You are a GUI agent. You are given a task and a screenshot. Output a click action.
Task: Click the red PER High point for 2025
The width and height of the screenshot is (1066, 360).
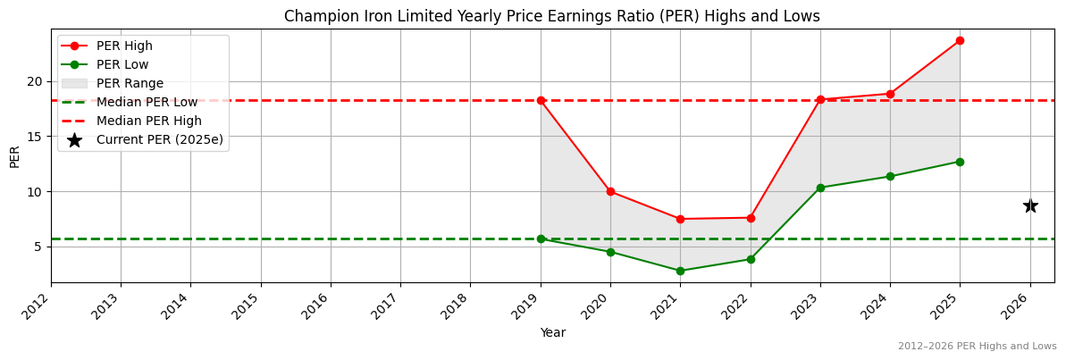click(960, 40)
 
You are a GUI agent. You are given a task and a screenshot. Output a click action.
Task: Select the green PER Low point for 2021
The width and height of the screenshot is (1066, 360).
click(680, 271)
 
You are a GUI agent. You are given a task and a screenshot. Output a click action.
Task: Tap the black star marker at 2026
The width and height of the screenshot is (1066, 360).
click(1029, 205)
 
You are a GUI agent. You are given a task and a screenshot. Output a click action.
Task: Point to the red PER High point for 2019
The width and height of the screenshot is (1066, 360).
click(541, 100)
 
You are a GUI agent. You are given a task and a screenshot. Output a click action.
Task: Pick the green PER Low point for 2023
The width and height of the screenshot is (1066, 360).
click(820, 188)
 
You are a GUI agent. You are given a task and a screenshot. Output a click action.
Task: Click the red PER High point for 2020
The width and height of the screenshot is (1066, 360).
click(610, 191)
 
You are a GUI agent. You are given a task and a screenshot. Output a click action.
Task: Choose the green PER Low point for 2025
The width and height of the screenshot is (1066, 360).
click(960, 162)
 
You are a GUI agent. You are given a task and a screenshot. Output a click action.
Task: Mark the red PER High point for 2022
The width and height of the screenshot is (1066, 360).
click(751, 218)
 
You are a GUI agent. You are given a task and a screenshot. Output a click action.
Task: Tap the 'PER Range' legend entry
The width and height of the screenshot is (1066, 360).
click(130, 83)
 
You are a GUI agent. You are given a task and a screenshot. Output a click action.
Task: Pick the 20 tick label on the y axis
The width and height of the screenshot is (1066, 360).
click(35, 81)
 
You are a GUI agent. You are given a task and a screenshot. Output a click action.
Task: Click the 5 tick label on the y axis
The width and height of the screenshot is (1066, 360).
click(38, 247)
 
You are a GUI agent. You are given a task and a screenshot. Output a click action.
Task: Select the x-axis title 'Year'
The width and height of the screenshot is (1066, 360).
click(552, 332)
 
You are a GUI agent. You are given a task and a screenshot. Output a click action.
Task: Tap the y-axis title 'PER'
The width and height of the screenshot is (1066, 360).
click(14, 155)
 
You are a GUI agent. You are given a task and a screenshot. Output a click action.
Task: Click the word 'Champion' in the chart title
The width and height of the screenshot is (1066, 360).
click(316, 16)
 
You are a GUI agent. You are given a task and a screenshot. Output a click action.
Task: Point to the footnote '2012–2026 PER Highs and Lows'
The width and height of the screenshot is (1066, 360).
click(977, 346)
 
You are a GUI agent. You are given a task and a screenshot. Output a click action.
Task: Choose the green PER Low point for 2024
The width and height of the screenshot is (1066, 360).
click(890, 176)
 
